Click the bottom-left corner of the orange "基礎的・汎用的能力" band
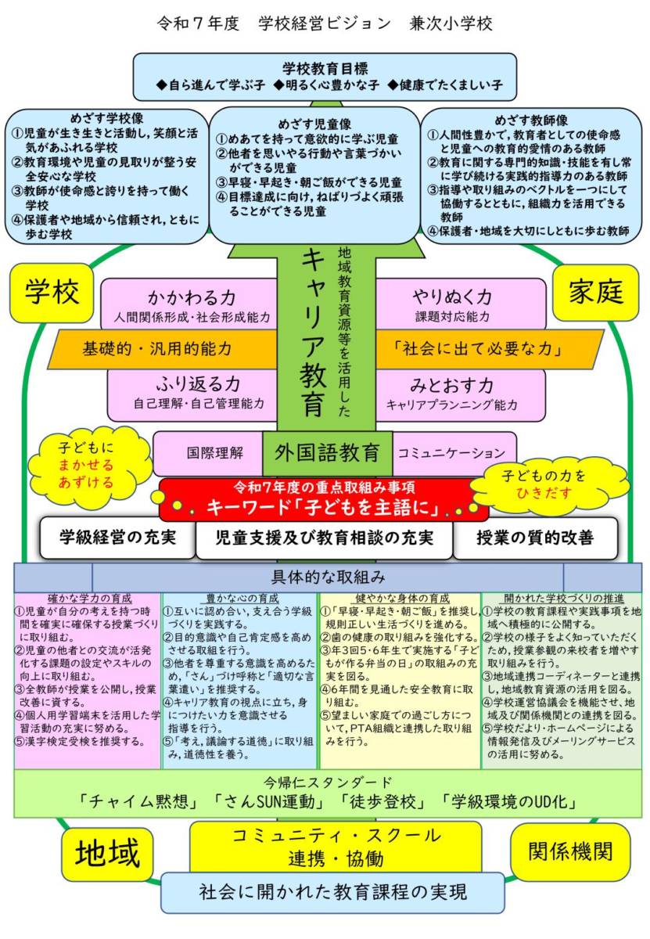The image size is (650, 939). pos(48,368)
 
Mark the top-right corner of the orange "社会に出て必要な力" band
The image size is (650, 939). pos(604,330)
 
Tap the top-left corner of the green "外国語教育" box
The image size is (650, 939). pos(263,432)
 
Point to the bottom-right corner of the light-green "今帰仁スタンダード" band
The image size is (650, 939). pos(641,817)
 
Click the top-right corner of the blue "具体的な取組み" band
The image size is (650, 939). pos(641,563)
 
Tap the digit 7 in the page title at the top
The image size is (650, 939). pos(198,24)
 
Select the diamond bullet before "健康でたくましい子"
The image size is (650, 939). pos(392,85)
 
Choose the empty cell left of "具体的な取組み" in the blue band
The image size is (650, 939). pos(53,577)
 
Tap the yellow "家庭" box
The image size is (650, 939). pos(595,292)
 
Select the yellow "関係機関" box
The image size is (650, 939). pos(570,852)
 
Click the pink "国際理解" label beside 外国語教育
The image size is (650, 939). pos(214,453)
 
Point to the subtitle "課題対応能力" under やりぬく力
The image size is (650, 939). pos(452,317)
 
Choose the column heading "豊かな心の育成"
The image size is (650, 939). pos(242,598)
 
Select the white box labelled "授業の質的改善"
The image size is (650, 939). pos(535,538)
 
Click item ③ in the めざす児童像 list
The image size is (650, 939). pos(309,182)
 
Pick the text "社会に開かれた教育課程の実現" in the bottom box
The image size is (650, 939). pos(332,893)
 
